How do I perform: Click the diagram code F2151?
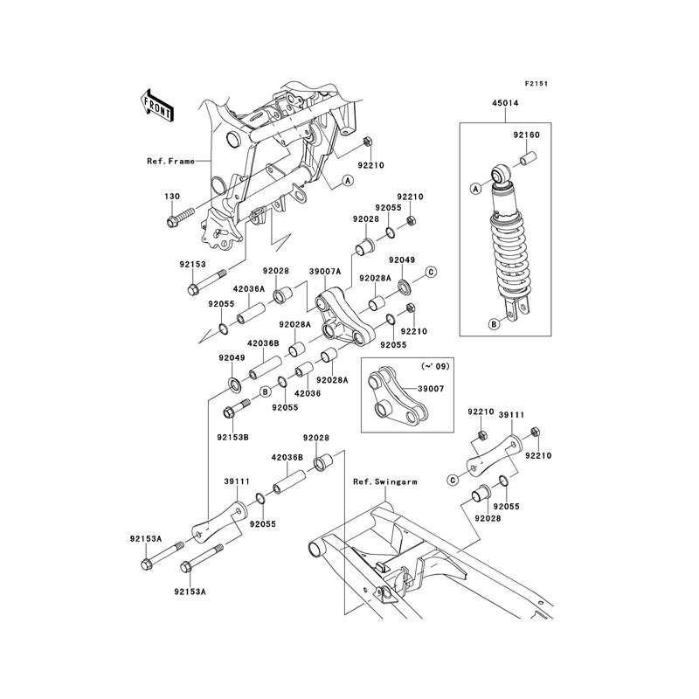click(536, 83)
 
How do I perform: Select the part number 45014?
click(505, 103)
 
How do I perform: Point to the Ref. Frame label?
click(170, 161)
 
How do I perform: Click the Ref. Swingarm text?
click(385, 482)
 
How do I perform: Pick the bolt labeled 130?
click(180, 216)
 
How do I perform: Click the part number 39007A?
click(324, 271)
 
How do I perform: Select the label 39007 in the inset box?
click(431, 389)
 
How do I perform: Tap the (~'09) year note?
click(435, 366)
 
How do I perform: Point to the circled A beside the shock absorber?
click(475, 189)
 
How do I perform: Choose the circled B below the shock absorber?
click(494, 324)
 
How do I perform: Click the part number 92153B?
click(232, 438)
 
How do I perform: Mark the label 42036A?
click(249, 289)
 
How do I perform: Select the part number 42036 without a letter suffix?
click(308, 394)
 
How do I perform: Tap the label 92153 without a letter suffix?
click(192, 264)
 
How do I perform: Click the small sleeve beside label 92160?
click(529, 159)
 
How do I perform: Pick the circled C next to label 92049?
click(431, 272)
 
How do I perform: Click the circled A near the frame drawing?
click(348, 180)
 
